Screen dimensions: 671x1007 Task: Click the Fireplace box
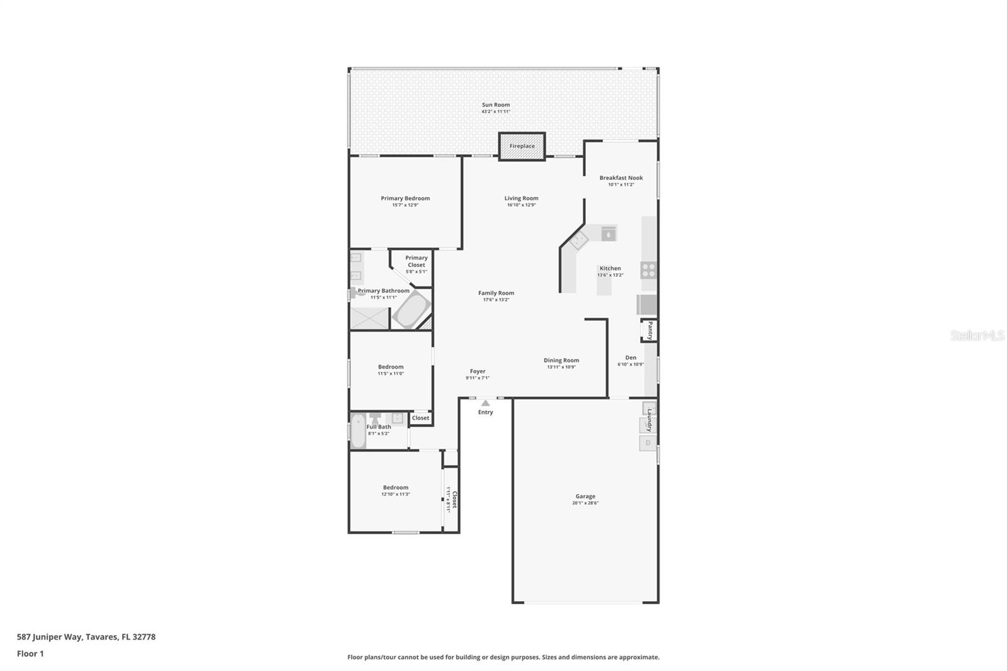(522, 146)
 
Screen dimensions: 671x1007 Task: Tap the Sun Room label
(496, 105)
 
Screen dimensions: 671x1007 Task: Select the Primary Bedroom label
(405, 198)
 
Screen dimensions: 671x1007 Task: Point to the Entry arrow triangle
(485, 403)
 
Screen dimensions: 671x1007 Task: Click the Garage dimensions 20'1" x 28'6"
(585, 503)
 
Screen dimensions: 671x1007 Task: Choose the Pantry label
(650, 330)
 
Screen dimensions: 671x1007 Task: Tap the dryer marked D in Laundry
(648, 443)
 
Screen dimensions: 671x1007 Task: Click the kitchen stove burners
(648, 270)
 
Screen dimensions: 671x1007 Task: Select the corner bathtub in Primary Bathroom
(410, 310)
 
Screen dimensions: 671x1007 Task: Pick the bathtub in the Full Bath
(358, 431)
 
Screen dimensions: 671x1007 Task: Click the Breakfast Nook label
(621, 178)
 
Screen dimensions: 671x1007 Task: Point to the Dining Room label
(561, 361)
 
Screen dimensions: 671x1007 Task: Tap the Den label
(631, 358)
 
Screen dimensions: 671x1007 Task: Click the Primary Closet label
(416, 261)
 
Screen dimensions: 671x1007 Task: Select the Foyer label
(478, 371)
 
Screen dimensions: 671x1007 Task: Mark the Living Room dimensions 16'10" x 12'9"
(521, 205)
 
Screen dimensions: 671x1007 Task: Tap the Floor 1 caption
(30, 653)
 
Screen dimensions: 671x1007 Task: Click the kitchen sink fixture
(608, 234)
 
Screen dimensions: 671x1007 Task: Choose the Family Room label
(496, 293)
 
